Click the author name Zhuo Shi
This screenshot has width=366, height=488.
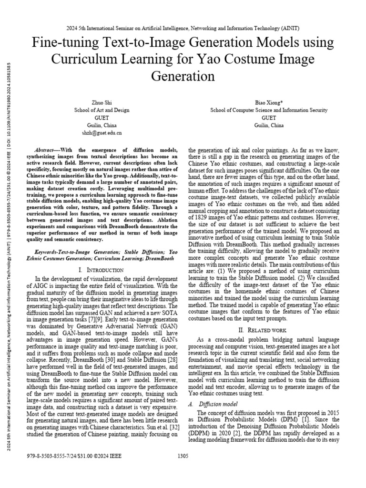pyautogui.click(x=102, y=102)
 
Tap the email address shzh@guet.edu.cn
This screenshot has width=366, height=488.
pyautogui.click(x=102, y=133)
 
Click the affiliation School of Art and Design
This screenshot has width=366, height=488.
pyautogui.click(x=102, y=110)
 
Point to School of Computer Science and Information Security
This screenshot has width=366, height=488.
pyautogui.click(x=269, y=110)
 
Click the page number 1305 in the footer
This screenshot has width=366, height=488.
pyautogui.click(x=183, y=456)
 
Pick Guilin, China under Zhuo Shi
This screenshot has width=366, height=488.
pyautogui.click(x=102, y=125)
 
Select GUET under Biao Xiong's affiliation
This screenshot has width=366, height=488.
pyautogui.click(x=269, y=118)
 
